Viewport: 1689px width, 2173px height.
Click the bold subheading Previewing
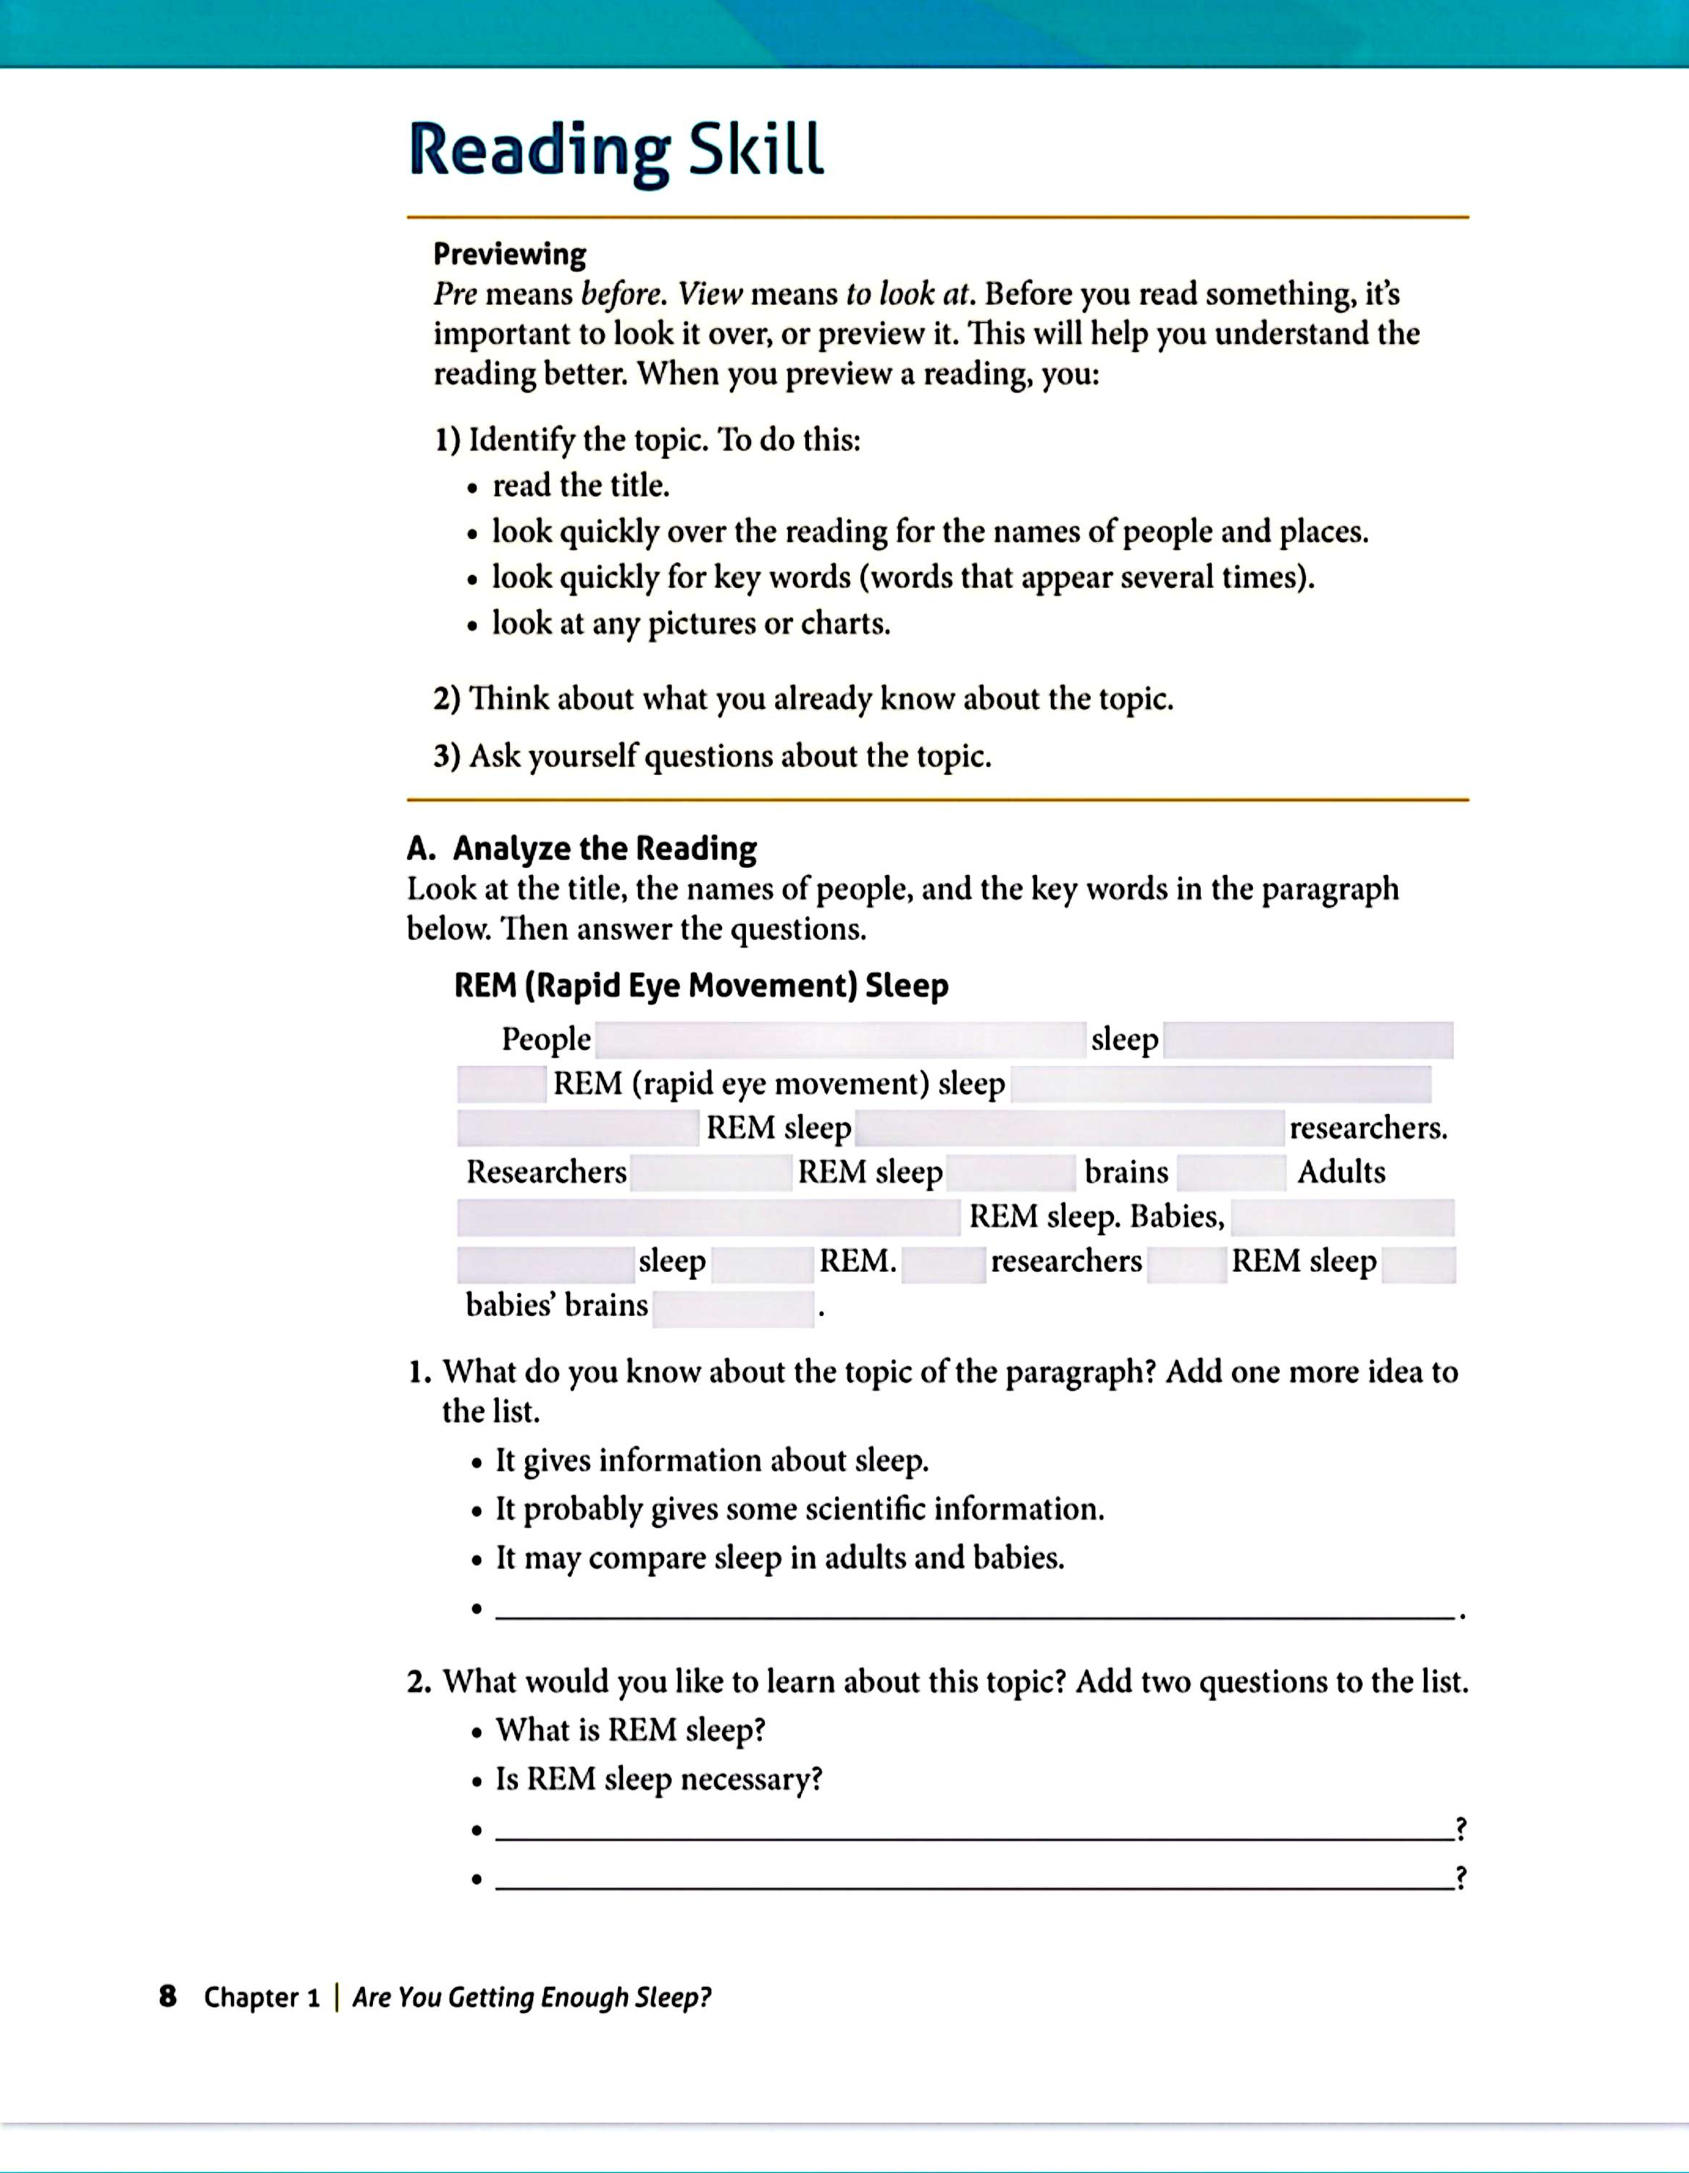509,255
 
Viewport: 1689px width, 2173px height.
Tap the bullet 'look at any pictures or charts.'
691,624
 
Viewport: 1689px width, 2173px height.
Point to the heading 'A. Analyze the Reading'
582,849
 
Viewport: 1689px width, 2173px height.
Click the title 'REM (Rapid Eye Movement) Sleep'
701,986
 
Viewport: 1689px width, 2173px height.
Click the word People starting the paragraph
546,1039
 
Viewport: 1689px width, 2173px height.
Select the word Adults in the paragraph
1341,1172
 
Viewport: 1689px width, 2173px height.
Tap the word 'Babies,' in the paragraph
1177,1216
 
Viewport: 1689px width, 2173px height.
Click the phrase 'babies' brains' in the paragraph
557,1305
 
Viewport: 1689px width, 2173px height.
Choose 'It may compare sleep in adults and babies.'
780,1557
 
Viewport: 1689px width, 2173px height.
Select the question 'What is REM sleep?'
631,1730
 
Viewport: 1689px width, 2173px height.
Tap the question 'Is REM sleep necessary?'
660,1779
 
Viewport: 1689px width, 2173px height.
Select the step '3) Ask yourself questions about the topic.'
712,756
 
